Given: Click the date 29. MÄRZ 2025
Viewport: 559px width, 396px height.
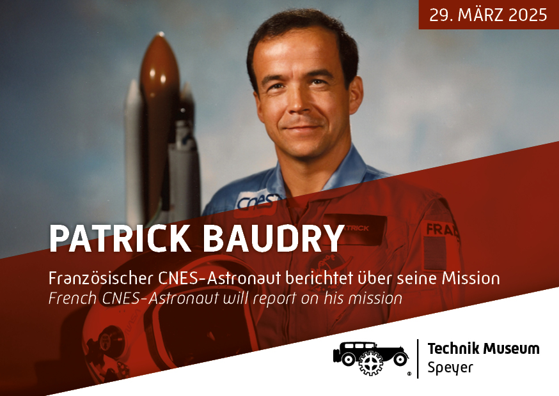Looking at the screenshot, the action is click(488, 15).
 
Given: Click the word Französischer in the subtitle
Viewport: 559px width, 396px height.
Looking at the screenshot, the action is click(101, 278).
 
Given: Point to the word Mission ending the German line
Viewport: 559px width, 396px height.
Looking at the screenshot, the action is click(471, 278).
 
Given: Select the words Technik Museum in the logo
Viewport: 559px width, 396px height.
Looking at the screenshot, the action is click(484, 349).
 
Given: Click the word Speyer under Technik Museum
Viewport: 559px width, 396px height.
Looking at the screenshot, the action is click(450, 367).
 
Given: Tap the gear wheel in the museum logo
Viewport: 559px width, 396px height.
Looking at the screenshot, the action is click(371, 363).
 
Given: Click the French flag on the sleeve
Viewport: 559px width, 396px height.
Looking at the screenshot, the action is click(434, 253).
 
